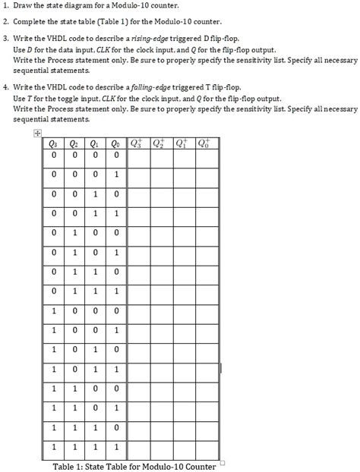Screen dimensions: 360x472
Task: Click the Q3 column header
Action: [x=52, y=143]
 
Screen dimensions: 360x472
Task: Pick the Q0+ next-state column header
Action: [x=205, y=143]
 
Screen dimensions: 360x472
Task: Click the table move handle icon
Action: [x=36, y=134]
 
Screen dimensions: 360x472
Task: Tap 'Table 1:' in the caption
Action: [x=72, y=466]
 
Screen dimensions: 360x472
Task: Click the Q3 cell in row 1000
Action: [x=52, y=310]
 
